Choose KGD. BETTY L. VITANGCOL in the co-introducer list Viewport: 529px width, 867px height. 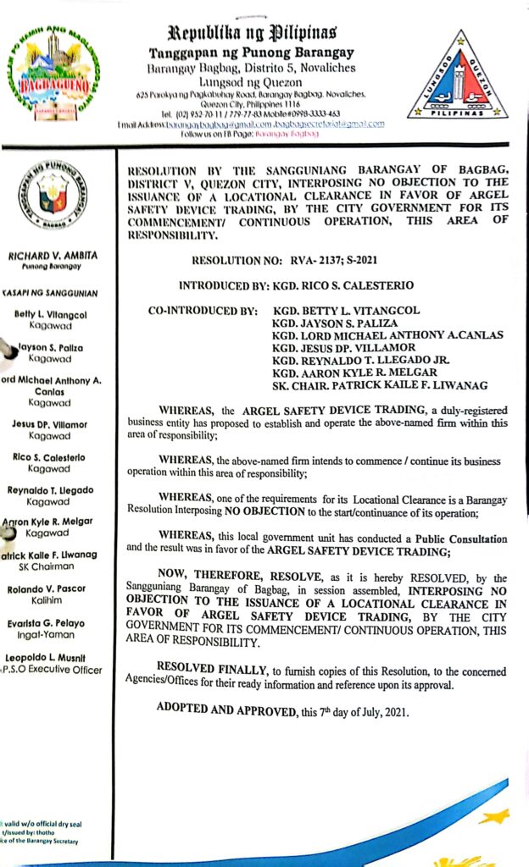tap(346, 311)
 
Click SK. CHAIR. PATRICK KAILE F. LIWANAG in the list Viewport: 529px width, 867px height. tap(379, 385)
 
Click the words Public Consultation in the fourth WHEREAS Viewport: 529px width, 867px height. tap(461, 538)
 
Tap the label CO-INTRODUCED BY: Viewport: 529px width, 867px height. tap(203, 312)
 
